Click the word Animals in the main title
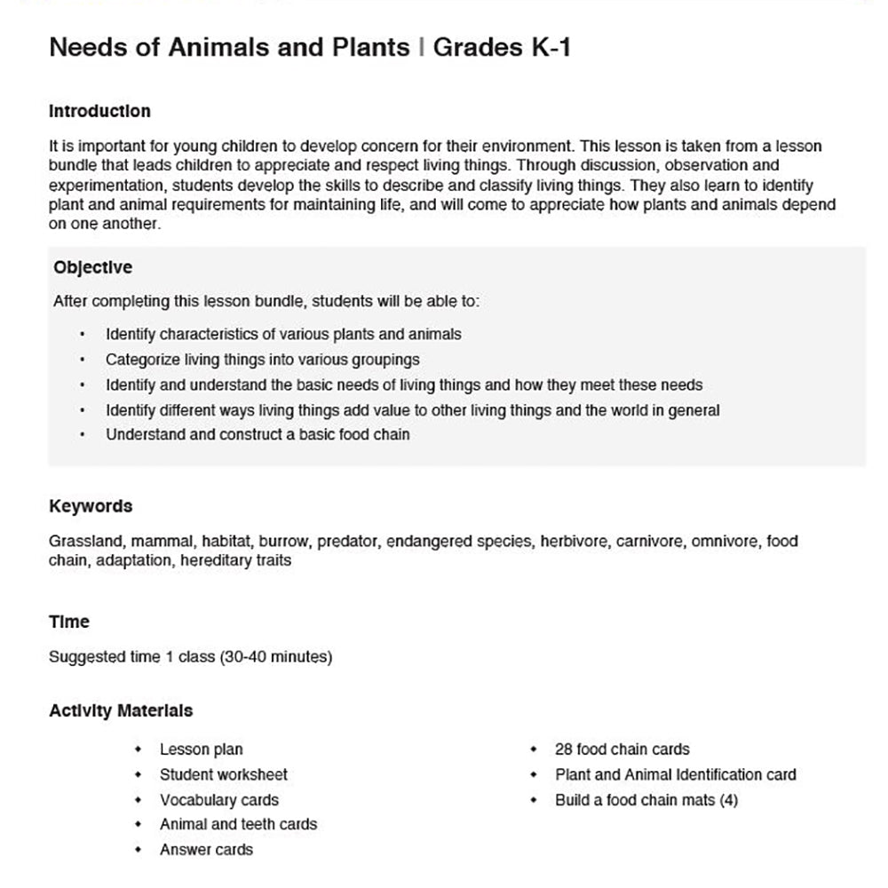click(210, 48)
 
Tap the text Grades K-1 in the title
click(502, 48)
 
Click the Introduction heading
click(99, 112)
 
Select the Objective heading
click(92, 267)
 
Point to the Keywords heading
click(91, 506)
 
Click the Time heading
click(69, 622)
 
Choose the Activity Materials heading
click(121, 710)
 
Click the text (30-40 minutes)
click(275, 657)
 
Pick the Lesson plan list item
click(201, 749)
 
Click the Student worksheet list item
click(223, 774)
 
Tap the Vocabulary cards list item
click(218, 800)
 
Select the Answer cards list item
click(206, 850)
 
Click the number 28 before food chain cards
click(563, 749)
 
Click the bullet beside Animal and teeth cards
click(139, 825)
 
